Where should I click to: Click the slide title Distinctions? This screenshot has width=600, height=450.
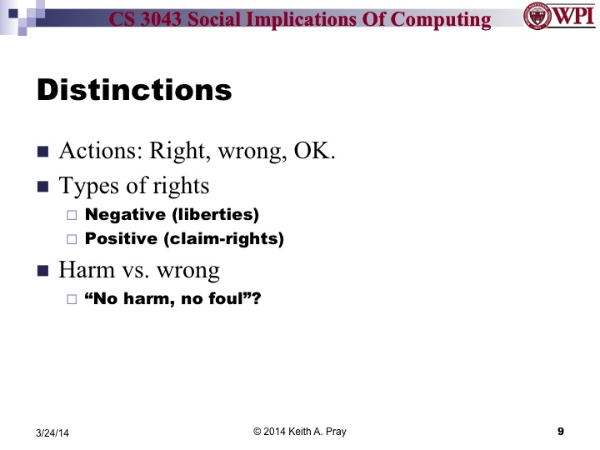[x=134, y=91]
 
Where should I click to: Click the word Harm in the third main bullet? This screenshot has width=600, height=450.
[x=84, y=270]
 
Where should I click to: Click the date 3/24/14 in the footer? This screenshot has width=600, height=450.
[x=52, y=432]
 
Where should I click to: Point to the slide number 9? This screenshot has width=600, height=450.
[x=561, y=431]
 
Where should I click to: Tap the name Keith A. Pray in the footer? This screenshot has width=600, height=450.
[x=317, y=431]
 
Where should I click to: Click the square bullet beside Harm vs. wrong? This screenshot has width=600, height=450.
[x=43, y=271]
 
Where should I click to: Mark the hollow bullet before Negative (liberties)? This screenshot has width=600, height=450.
[x=71, y=216]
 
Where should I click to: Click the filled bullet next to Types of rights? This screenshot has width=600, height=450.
[x=43, y=186]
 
